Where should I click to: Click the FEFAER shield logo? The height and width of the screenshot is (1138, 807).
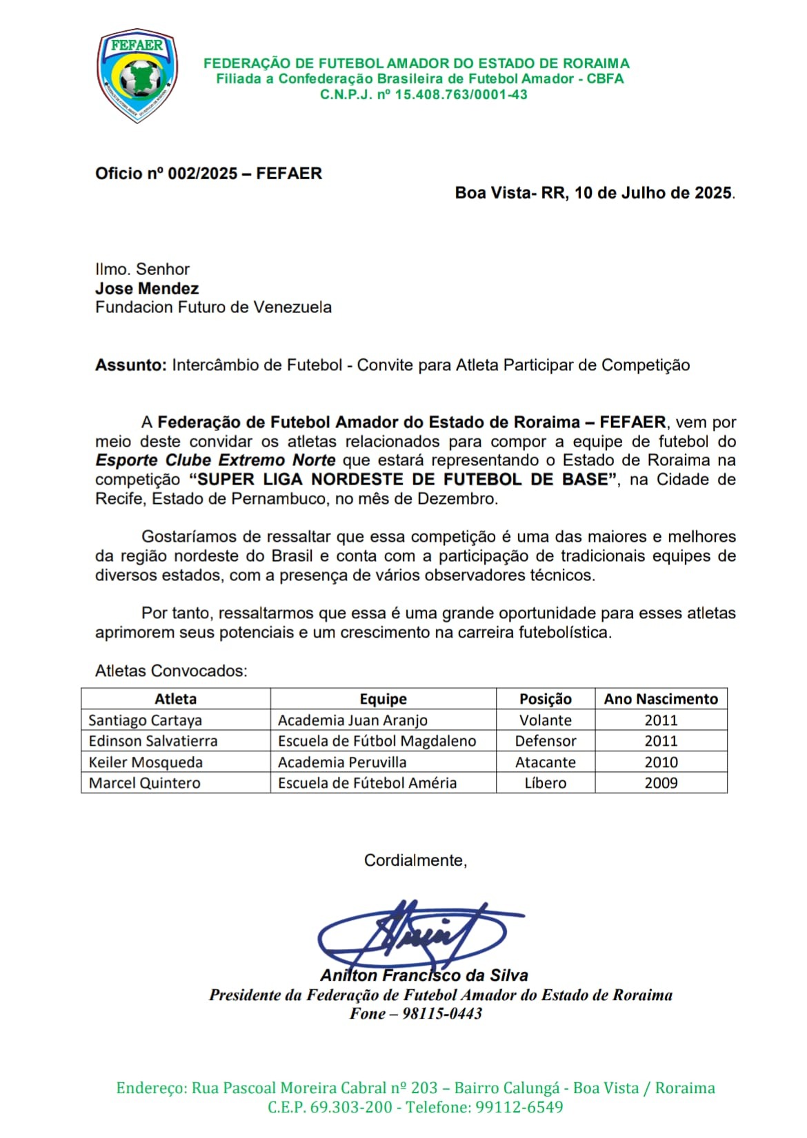pos(137,77)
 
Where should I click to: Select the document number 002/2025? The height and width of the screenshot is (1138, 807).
pos(203,174)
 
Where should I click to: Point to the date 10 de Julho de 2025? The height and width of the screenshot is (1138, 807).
pos(652,193)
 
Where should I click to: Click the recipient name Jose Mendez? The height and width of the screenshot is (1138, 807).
pos(147,289)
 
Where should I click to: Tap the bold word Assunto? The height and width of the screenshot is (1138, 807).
pos(130,365)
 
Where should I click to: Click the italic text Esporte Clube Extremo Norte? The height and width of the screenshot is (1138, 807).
pos(215,460)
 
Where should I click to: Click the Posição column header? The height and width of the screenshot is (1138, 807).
pos(545,699)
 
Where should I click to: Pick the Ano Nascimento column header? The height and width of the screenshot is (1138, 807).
pos(661,699)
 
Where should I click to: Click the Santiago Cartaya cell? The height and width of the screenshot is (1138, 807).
pos(146,720)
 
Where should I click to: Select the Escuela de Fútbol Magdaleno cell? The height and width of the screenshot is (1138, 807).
pos(377,741)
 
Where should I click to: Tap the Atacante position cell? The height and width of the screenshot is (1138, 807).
pos(545,762)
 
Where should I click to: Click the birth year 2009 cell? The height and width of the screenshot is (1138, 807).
pos(661,783)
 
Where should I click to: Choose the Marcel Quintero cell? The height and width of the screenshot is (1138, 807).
pos(145,783)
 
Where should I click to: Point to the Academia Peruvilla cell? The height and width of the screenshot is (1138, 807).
pos(342,762)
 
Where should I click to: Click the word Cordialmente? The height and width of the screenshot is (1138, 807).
pos(415,860)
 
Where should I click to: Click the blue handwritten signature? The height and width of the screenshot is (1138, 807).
pos(414,934)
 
